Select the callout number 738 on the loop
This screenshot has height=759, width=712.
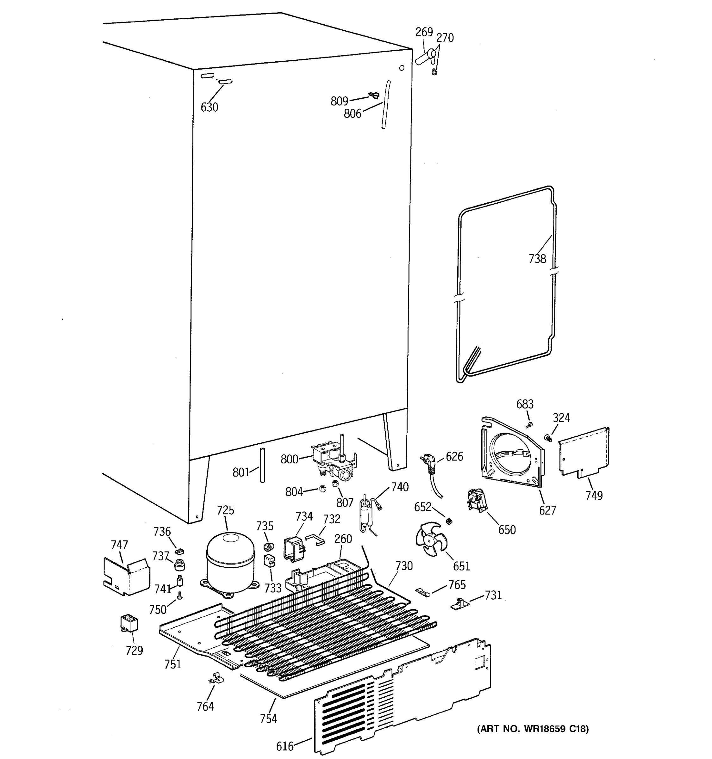click(537, 259)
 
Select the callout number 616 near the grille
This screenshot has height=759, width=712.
click(284, 746)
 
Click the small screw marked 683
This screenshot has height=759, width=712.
click(529, 425)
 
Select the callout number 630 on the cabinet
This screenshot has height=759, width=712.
click(209, 108)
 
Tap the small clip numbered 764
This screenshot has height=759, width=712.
click(216, 678)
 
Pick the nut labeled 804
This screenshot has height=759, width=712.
click(322, 488)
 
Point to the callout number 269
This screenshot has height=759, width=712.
click(424, 32)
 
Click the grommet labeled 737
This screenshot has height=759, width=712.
click(179, 564)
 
